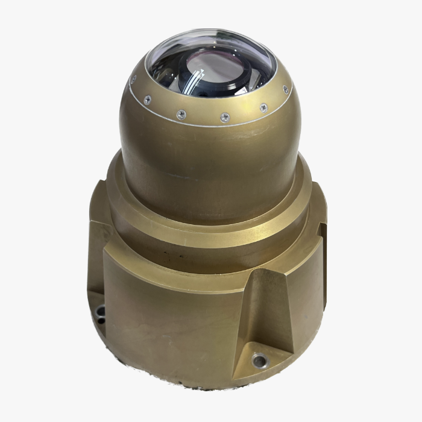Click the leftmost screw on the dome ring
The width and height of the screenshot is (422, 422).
[133, 79]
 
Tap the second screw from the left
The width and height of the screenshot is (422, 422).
[146, 100]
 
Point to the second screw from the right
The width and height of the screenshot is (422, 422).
[263, 107]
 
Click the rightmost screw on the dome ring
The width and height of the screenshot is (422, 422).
[285, 89]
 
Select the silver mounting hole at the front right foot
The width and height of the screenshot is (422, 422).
[260, 361]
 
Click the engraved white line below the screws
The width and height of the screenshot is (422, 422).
[205, 125]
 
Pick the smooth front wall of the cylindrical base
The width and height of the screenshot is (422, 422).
[169, 320]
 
